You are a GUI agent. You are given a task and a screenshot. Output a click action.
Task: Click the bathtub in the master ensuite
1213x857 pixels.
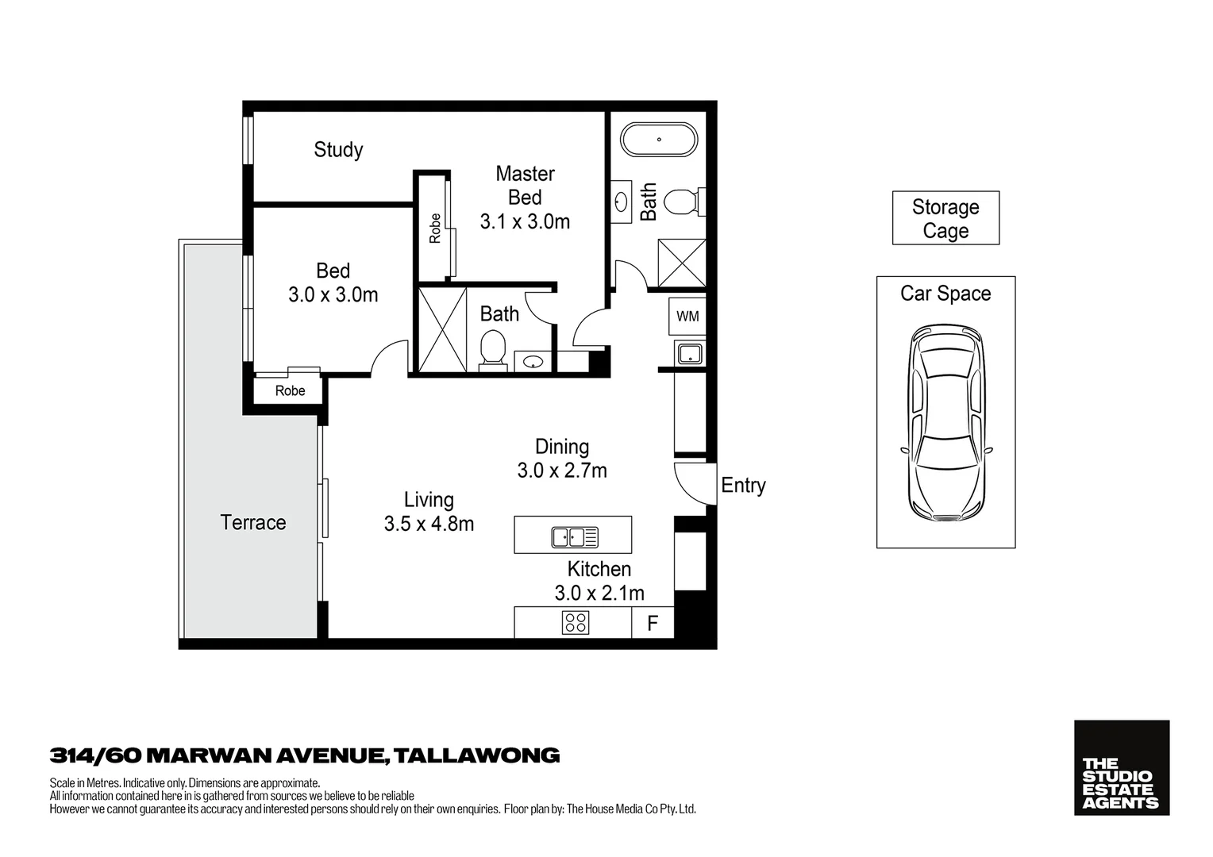click(x=658, y=140)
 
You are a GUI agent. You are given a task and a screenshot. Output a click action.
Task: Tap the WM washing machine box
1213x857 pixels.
click(x=687, y=317)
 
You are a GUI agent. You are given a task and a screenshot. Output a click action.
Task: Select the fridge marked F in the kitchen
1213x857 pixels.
click(x=653, y=623)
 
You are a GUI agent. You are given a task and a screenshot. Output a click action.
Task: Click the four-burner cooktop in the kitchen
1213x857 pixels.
click(x=576, y=623)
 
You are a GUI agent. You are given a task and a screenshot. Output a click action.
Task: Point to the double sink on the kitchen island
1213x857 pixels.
click(x=575, y=537)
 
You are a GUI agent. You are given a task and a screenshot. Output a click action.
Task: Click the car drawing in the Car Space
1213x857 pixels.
click(x=945, y=422)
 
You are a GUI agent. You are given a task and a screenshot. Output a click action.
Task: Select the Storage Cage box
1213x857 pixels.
click(x=945, y=218)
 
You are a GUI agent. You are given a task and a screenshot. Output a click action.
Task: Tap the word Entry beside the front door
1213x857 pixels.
click(x=743, y=486)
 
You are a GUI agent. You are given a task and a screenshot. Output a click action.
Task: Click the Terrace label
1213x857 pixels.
click(x=252, y=523)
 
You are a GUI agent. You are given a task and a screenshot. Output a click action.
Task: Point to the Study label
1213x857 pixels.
click(x=338, y=150)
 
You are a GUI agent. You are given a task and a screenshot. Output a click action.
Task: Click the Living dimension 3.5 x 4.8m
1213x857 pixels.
click(x=429, y=525)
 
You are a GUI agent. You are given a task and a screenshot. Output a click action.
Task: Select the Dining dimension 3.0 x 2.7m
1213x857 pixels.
click(x=562, y=471)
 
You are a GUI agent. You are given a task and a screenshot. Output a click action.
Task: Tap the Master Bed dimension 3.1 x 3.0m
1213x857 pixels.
click(x=525, y=222)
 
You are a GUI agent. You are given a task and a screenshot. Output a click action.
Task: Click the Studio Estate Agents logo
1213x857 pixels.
click(x=1121, y=767)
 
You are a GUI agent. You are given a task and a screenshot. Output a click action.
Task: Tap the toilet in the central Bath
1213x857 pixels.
click(x=493, y=350)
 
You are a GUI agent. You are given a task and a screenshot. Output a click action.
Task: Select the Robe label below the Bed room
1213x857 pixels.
click(x=290, y=391)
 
